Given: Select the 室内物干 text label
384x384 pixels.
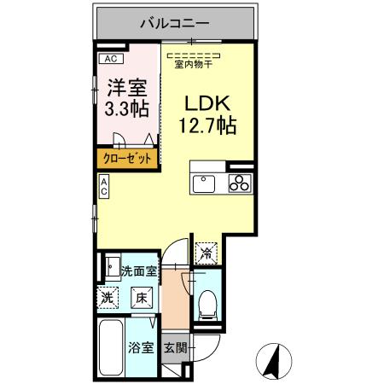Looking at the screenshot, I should [194, 63].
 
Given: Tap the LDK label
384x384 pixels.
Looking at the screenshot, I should [206, 103].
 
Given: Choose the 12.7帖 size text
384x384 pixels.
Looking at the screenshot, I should [207, 126].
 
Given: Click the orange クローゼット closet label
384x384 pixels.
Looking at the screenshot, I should [128, 158].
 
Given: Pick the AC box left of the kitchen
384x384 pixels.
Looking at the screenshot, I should [104, 187].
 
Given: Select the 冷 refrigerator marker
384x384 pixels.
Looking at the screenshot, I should [207, 252].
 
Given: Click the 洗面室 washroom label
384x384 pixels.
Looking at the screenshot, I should [137, 273].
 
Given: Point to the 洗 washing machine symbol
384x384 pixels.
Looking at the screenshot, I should [109, 299].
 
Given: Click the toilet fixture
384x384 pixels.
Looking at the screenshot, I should [207, 305].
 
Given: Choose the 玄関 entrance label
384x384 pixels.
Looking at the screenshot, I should [175, 348].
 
